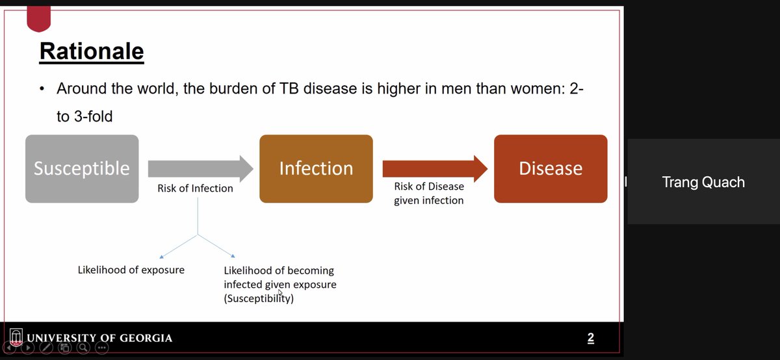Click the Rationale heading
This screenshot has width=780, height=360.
click(x=92, y=51)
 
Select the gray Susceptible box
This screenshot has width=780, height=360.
click(x=82, y=169)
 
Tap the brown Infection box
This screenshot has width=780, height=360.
click(x=316, y=169)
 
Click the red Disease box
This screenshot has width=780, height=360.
click(x=551, y=169)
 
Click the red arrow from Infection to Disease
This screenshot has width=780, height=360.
click(x=435, y=168)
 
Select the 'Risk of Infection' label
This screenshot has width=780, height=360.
click(x=195, y=188)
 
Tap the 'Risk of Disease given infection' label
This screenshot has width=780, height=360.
click(x=429, y=194)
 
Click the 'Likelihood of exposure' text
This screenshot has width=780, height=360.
click(x=131, y=270)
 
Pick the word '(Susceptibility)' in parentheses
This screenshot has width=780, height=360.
click(x=259, y=300)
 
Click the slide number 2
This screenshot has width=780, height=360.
click(x=590, y=338)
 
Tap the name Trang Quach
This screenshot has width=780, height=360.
click(x=703, y=182)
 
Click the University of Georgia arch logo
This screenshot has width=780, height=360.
click(x=16, y=338)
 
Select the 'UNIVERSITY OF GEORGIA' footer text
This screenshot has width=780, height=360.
click(x=99, y=338)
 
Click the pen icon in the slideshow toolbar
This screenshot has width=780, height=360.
click(x=46, y=348)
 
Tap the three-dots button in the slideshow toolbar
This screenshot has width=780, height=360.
click(x=102, y=348)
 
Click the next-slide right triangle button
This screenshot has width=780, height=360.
click(x=28, y=348)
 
